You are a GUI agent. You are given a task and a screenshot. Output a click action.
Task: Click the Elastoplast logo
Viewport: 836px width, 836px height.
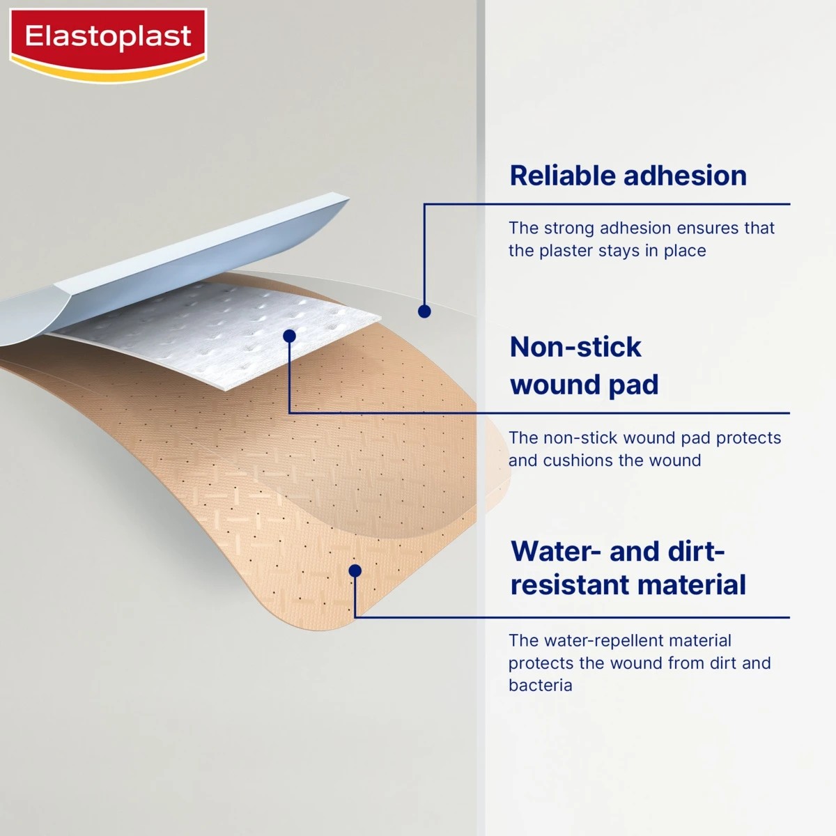pyautogui.click(x=108, y=38)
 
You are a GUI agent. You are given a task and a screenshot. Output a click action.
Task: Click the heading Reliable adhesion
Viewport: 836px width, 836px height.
pyautogui.click(x=628, y=176)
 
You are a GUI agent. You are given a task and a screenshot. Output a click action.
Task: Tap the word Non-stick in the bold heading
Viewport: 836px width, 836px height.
pyautogui.click(x=575, y=347)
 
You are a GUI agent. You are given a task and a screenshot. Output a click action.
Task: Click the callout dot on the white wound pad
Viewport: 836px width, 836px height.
pyautogui.click(x=290, y=336)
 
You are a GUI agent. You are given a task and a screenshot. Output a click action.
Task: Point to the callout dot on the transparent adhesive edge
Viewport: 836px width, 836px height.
pyautogui.click(x=424, y=311)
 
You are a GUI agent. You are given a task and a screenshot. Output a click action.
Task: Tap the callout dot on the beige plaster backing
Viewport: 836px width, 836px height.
pyautogui.click(x=355, y=571)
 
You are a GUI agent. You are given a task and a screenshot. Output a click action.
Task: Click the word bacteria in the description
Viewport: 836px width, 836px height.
pyautogui.click(x=540, y=686)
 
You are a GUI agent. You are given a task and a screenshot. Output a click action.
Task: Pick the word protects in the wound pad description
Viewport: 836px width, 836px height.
pyautogui.click(x=748, y=438)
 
